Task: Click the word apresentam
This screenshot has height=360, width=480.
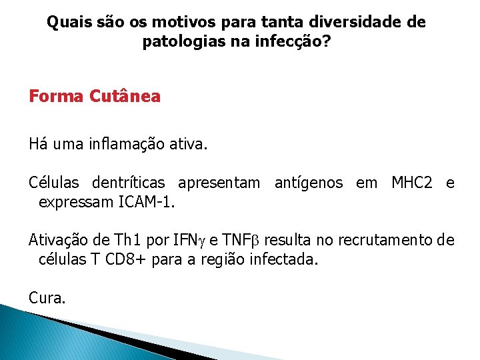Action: (x=220, y=183)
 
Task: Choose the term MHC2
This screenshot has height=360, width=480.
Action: (x=413, y=183)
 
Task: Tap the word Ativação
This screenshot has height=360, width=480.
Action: (x=57, y=240)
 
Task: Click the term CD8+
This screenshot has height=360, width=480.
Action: (x=125, y=259)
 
